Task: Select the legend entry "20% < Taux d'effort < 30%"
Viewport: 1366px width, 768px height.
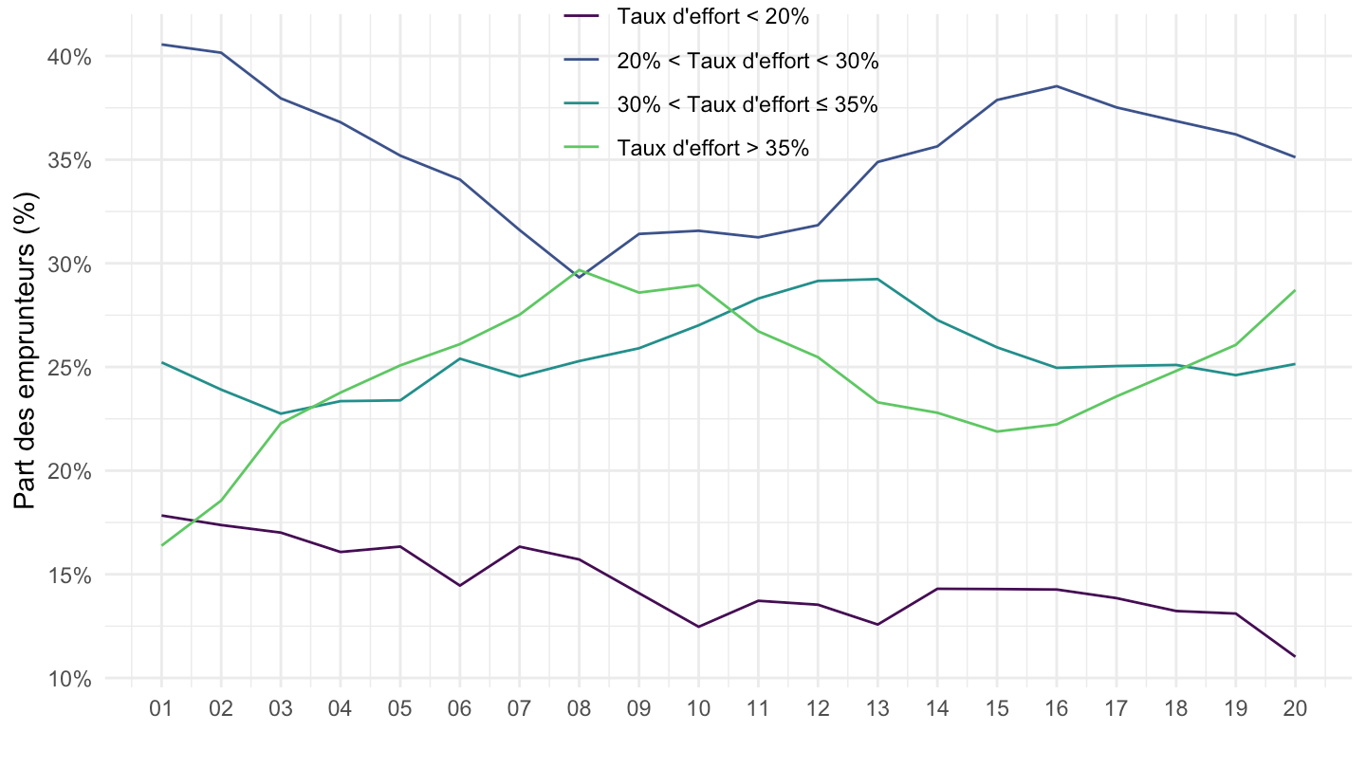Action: (x=748, y=61)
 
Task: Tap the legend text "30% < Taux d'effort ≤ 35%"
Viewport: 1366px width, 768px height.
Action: (x=747, y=104)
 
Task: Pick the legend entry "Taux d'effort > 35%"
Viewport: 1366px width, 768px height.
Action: (x=711, y=148)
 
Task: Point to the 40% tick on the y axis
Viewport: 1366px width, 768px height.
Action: (x=70, y=57)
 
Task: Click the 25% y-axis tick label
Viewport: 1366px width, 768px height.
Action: (x=70, y=368)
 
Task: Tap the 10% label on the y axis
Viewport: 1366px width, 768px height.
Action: (x=70, y=679)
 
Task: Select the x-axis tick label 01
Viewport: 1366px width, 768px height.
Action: (x=162, y=709)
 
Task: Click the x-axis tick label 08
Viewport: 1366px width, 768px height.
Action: (x=579, y=709)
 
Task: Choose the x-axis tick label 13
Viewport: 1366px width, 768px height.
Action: (x=877, y=709)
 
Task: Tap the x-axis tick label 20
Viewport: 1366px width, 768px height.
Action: (x=1295, y=709)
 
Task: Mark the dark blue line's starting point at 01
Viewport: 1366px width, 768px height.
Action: (x=162, y=45)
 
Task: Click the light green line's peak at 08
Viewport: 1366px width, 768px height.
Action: (x=579, y=270)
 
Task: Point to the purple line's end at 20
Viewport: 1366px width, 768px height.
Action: (x=1295, y=656)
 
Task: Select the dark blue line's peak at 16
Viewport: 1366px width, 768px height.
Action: (x=1057, y=86)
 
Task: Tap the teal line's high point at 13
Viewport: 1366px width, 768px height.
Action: (x=877, y=279)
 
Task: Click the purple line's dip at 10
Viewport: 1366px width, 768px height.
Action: (x=698, y=627)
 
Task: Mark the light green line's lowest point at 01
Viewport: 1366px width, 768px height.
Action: (x=162, y=545)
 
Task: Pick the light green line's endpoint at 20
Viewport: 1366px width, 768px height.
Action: (x=1295, y=290)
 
